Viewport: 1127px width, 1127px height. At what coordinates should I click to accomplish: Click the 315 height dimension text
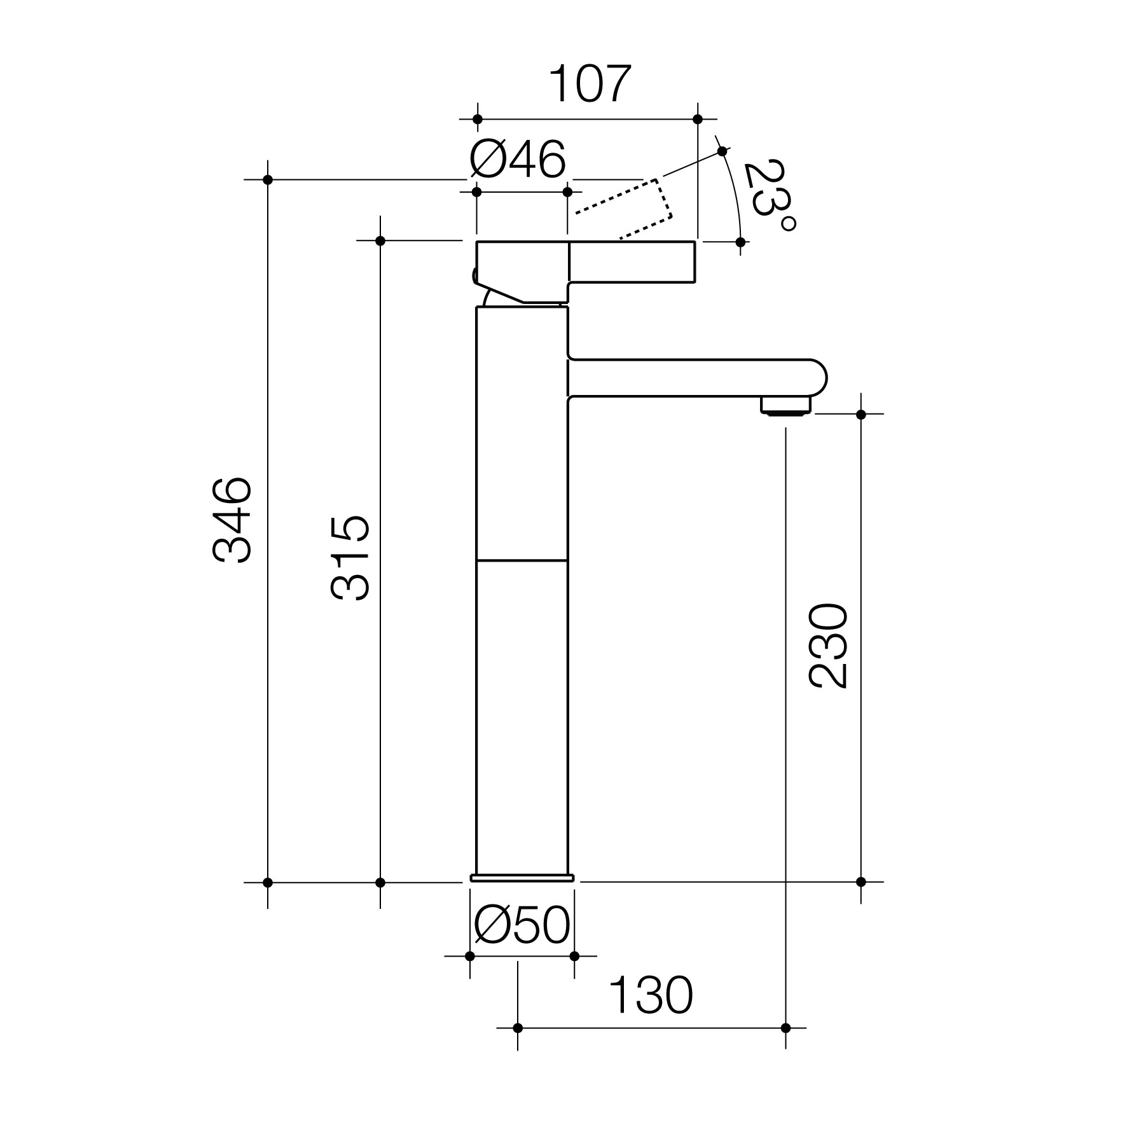coord(350,558)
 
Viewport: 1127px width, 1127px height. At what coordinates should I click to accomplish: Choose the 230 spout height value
coord(828,646)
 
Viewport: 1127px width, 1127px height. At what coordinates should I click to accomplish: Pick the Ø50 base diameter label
coord(522,925)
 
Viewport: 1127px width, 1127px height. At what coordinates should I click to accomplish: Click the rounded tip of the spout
coord(817,378)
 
